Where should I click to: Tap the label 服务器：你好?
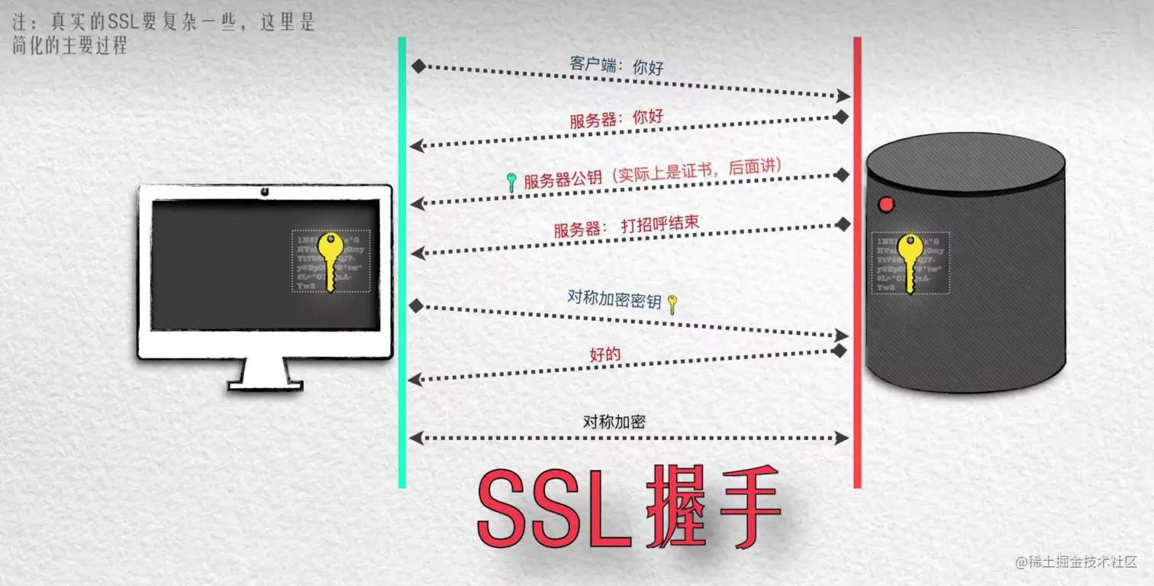(x=616, y=120)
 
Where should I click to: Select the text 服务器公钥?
(x=562, y=180)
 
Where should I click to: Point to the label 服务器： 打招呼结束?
(x=626, y=227)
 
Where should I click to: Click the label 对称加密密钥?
(x=614, y=299)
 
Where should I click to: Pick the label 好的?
(x=605, y=355)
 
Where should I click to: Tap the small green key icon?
(x=512, y=183)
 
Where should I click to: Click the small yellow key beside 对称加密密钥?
(x=672, y=304)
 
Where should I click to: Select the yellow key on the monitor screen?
(x=330, y=261)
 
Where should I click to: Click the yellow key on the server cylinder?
(x=909, y=262)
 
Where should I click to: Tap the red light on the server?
(x=886, y=205)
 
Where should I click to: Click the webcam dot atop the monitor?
(x=265, y=191)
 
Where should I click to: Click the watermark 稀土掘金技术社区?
(x=1076, y=563)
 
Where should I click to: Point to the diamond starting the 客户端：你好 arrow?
(x=417, y=66)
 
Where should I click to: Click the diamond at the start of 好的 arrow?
(x=840, y=351)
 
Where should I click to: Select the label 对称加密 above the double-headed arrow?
(x=614, y=422)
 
